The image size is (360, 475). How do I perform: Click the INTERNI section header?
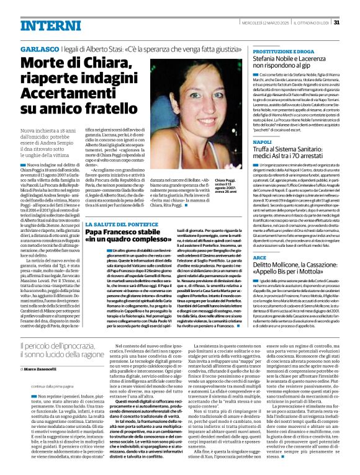coord(45,24)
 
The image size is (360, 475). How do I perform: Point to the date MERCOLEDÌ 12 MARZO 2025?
coord(262,24)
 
